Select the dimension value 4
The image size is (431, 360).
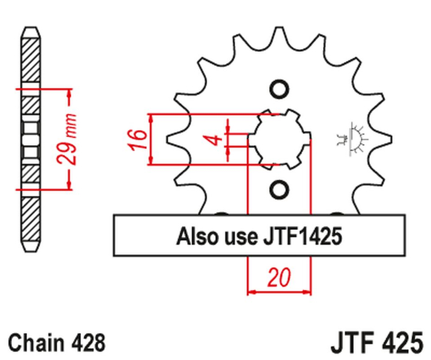[214, 140]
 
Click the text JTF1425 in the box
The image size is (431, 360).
[300, 236]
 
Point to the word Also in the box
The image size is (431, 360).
[197, 236]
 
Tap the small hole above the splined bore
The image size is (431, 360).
[279, 89]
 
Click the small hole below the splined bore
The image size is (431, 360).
[279, 190]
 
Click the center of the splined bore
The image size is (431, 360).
[280, 140]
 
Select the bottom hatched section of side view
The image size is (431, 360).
[29, 216]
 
